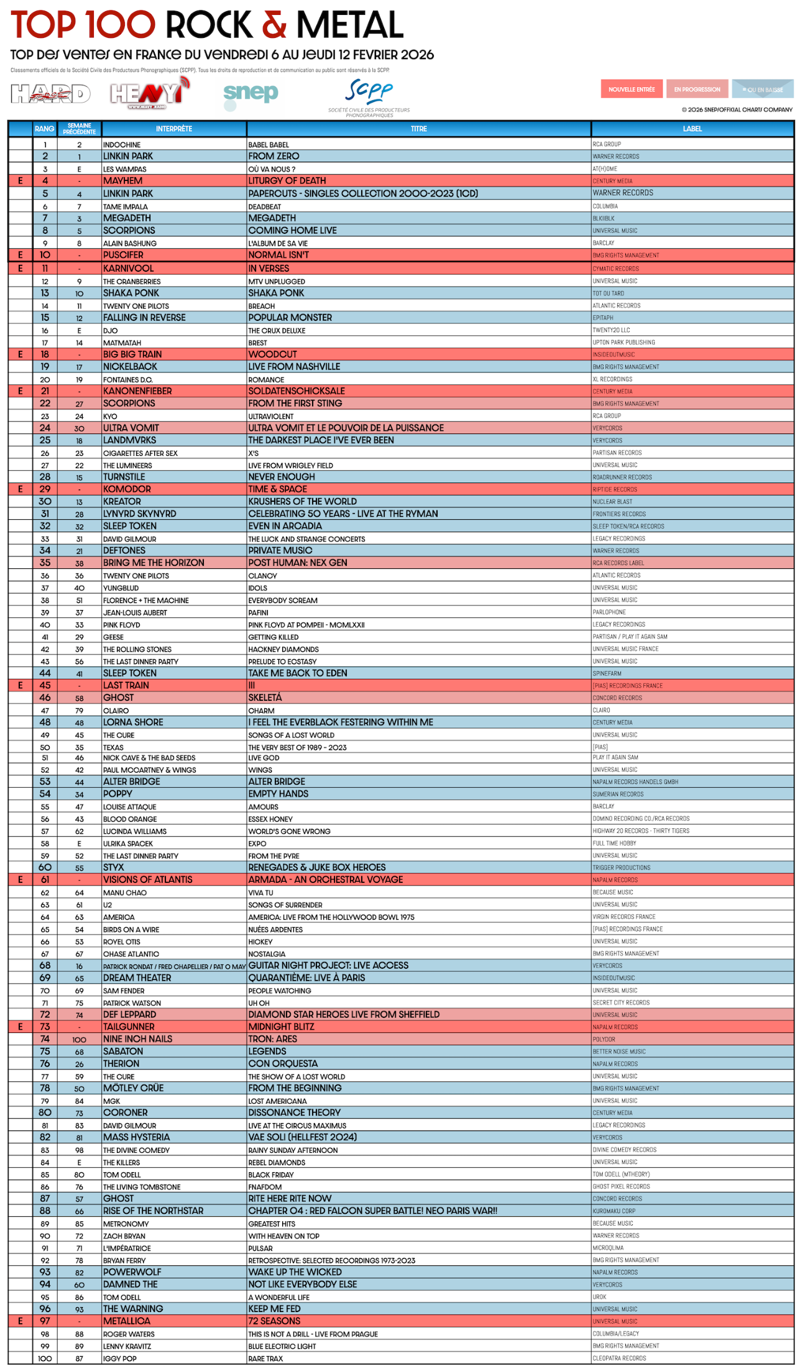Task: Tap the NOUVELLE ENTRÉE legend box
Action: (632, 90)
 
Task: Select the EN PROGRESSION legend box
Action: (697, 90)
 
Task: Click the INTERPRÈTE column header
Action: (174, 129)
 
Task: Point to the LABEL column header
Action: (692, 129)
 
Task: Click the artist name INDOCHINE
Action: (122, 145)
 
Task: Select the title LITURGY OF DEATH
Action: (287, 181)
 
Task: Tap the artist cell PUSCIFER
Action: (123, 255)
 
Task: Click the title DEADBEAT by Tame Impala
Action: (265, 206)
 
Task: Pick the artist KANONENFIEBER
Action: (137, 391)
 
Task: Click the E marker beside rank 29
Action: (21, 489)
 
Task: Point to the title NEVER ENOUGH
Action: (282, 477)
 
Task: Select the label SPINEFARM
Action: (607, 673)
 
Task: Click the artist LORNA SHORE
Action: (133, 723)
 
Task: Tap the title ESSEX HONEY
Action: (270, 820)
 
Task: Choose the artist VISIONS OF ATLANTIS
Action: (148, 880)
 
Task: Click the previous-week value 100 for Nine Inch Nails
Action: (79, 1040)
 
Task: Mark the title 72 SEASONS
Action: (274, 1321)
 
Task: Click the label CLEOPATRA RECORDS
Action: (619, 1358)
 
